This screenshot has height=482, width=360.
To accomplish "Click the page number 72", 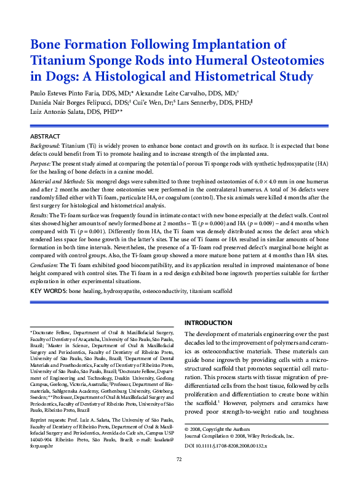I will click(x=180, y=476).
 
